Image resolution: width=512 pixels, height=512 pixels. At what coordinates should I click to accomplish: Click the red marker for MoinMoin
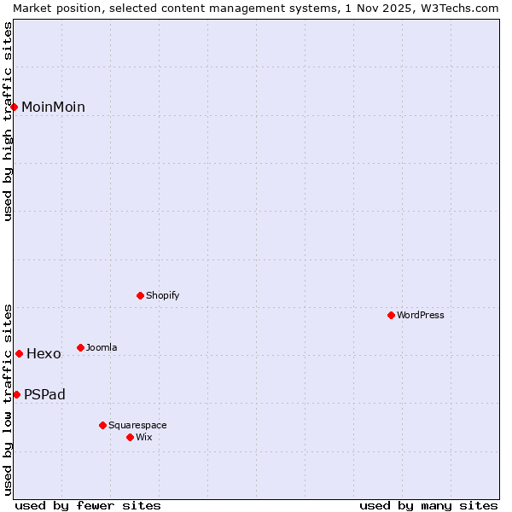click(x=15, y=107)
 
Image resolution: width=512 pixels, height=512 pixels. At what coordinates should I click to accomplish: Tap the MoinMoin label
click(x=53, y=107)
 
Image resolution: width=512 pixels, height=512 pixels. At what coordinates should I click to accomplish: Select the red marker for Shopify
click(x=141, y=295)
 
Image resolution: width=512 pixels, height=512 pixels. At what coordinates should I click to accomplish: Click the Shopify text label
click(x=162, y=295)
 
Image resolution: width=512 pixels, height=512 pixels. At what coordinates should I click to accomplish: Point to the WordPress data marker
click(x=392, y=315)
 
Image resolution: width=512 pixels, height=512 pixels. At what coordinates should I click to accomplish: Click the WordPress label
click(x=420, y=315)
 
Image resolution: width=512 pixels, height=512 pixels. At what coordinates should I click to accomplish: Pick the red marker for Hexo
click(x=19, y=353)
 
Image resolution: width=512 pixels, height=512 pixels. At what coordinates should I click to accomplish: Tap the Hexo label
click(x=44, y=353)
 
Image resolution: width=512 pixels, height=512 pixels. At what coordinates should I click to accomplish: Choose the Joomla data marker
click(x=81, y=347)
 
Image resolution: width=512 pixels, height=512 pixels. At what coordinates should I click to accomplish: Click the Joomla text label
click(x=102, y=347)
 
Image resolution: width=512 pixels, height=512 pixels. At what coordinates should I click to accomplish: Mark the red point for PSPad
click(x=16, y=394)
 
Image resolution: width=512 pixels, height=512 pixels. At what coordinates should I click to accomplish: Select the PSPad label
click(x=44, y=394)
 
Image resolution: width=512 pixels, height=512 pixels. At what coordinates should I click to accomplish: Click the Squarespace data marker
click(x=103, y=425)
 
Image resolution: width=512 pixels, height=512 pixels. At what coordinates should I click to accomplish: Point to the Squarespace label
click(x=137, y=425)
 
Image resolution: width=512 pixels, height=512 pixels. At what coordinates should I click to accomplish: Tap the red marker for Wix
click(x=131, y=437)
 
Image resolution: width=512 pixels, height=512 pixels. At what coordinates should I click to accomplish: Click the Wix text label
click(x=143, y=437)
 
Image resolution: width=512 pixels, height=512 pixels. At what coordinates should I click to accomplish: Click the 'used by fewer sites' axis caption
click(x=88, y=505)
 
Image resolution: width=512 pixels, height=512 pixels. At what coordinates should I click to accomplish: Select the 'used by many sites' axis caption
click(x=428, y=505)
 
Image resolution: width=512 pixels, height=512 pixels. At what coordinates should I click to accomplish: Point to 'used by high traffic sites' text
click(x=8, y=121)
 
